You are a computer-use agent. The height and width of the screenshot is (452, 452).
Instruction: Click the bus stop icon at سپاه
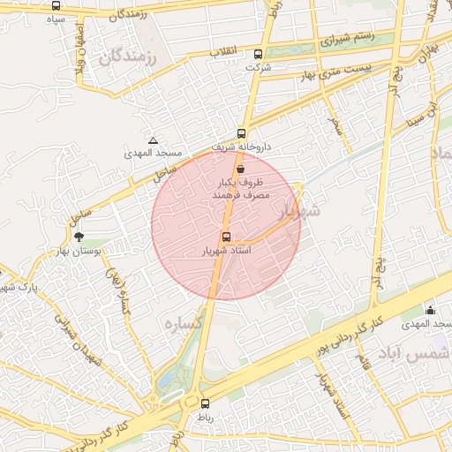pyautogui.click(x=56, y=6)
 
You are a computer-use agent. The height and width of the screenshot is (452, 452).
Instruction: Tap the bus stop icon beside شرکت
pyautogui.click(x=257, y=54)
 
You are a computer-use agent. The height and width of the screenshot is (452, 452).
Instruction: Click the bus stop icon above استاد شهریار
pyautogui.click(x=227, y=237)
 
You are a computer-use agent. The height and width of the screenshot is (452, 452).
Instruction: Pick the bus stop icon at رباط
pyautogui.click(x=206, y=403)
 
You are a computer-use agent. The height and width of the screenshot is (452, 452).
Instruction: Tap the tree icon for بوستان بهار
pyautogui.click(x=79, y=237)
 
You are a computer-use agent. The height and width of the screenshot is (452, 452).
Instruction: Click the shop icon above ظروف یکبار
pyautogui.click(x=241, y=168)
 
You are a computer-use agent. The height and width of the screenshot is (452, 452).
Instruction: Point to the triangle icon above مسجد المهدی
pyautogui.click(x=154, y=140)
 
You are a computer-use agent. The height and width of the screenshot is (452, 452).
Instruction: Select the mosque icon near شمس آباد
pyautogui.click(x=430, y=310)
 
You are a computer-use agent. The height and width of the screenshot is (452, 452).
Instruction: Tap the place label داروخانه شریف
pyautogui.click(x=242, y=147)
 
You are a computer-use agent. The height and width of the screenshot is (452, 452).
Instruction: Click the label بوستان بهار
pyautogui.click(x=80, y=252)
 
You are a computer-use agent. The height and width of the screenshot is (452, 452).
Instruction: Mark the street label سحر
pyautogui.click(x=335, y=124)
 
